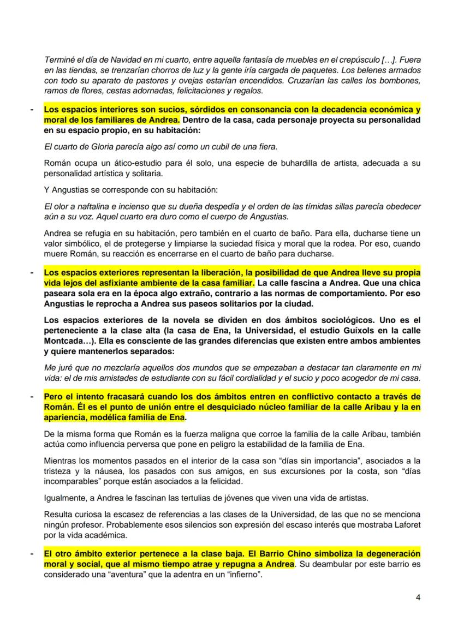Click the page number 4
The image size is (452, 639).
click(x=418, y=596)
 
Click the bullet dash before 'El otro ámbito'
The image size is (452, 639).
click(x=32, y=553)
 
